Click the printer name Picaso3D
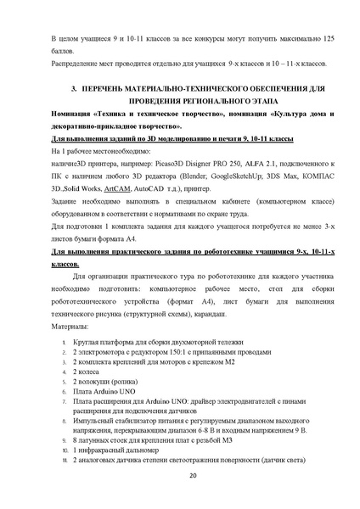tap(173, 168)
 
